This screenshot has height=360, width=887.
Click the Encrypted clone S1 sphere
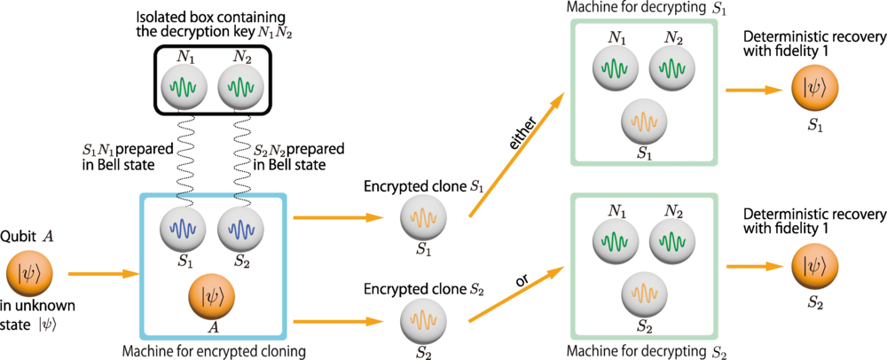[x=423, y=217]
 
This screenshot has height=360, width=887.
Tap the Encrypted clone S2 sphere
[x=423, y=317]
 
